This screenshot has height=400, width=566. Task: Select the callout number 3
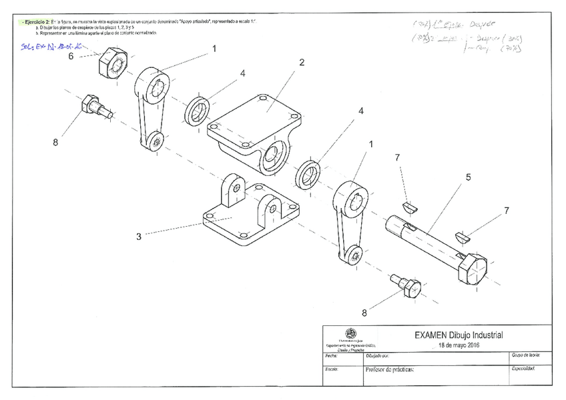tap(139, 235)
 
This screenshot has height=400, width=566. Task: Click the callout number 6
tap(71, 57)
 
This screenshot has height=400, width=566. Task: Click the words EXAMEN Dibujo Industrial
tap(457, 335)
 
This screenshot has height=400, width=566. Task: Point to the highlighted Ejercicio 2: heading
tap(35, 21)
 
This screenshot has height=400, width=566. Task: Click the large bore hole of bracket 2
tap(272, 157)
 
